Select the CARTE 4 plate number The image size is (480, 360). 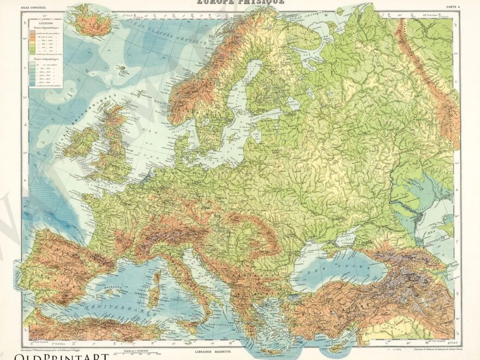[452, 8]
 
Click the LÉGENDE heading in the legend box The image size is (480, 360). [42, 25]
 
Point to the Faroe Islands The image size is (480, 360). [121, 69]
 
